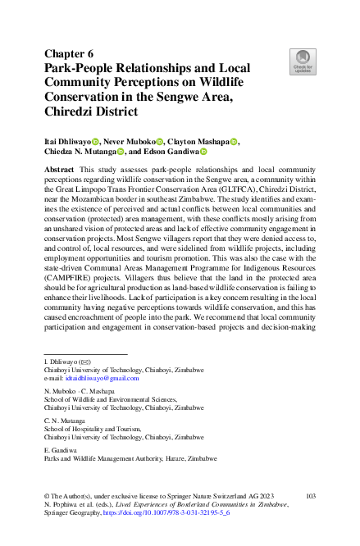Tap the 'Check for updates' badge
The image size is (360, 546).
pyautogui.click(x=303, y=61)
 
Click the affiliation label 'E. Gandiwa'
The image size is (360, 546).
pyautogui.click(x=58, y=450)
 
